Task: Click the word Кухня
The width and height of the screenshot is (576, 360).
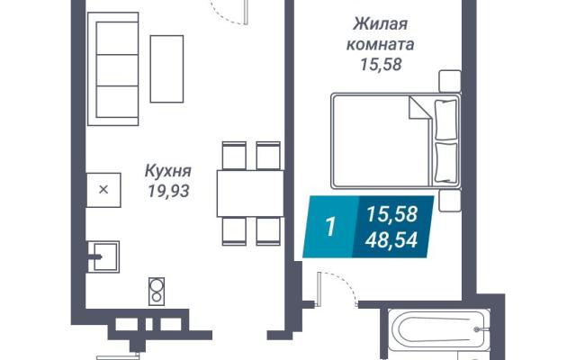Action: click(x=168, y=172)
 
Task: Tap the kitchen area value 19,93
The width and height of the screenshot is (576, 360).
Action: click(x=168, y=191)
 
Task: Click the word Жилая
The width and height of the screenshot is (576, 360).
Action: click(x=380, y=24)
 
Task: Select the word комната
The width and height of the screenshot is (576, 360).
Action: click(x=380, y=44)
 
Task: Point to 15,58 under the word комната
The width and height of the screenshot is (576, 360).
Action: click(x=381, y=64)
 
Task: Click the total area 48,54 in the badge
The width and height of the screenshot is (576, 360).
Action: click(x=391, y=240)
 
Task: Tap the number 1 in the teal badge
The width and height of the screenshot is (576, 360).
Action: click(x=330, y=227)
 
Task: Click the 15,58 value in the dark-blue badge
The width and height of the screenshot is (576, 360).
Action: click(x=392, y=214)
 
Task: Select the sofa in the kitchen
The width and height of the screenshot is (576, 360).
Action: click(x=112, y=68)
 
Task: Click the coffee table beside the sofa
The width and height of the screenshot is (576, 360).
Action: click(x=166, y=68)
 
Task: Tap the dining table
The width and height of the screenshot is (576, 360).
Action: click(x=250, y=193)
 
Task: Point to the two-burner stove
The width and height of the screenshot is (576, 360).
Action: click(x=157, y=292)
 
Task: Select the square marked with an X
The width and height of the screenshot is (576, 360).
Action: click(x=103, y=190)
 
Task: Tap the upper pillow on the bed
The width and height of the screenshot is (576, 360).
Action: click(x=446, y=120)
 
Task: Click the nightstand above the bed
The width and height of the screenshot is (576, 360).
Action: click(x=450, y=81)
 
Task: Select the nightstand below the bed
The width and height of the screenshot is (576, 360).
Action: click(x=450, y=201)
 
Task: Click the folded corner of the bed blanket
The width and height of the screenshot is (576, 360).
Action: click(x=418, y=107)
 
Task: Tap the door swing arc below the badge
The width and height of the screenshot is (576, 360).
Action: click(x=344, y=283)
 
